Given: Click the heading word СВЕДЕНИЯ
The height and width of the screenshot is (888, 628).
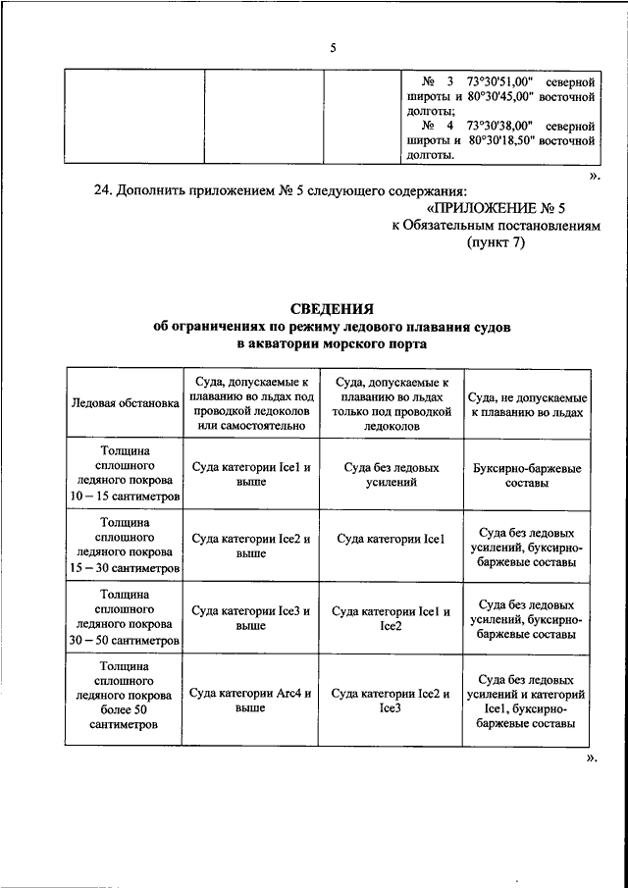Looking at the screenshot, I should point(332,309).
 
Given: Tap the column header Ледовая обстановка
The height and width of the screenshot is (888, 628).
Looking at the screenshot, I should point(125,402).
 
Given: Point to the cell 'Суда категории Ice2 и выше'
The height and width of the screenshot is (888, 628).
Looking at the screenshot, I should point(251,546).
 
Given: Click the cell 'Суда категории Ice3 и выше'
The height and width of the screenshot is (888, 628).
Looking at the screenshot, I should point(251,617).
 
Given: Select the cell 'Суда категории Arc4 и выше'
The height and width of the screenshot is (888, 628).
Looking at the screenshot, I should point(251,700).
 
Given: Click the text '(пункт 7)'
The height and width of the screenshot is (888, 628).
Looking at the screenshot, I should point(496,243).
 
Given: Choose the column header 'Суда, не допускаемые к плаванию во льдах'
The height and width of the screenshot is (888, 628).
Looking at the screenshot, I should point(527,403).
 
